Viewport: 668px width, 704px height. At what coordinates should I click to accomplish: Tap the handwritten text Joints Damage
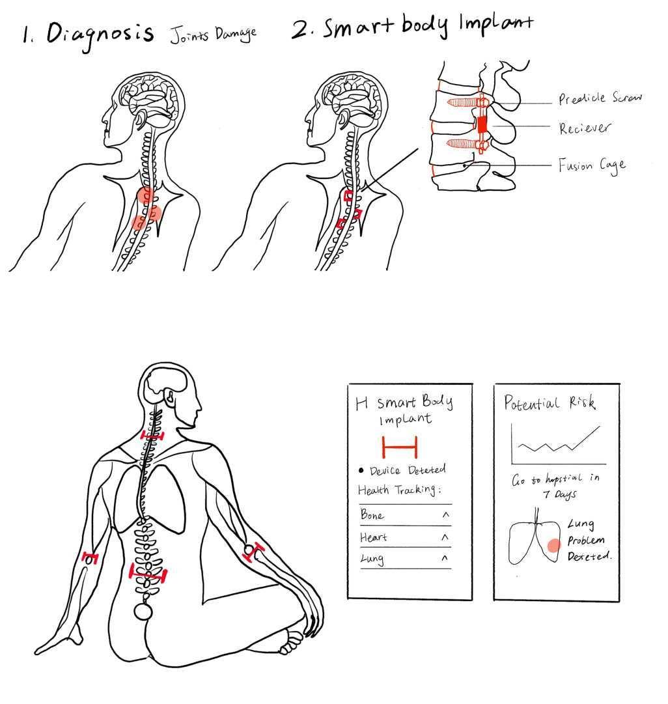click(x=213, y=34)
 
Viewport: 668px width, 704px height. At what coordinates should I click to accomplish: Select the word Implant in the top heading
click(x=496, y=24)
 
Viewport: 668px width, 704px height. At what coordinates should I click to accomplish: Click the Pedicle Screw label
click(x=600, y=98)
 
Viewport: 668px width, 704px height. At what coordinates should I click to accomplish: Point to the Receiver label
click(x=585, y=128)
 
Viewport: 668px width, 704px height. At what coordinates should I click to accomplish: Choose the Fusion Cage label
click(x=591, y=165)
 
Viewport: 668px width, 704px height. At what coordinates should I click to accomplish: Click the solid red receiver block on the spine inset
click(x=482, y=124)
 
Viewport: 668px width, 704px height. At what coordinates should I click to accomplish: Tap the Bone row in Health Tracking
click(x=404, y=515)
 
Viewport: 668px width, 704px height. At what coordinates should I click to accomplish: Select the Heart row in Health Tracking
click(x=404, y=537)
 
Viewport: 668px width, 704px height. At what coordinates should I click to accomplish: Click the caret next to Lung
click(x=445, y=558)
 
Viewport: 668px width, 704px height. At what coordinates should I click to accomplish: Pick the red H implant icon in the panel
click(x=399, y=447)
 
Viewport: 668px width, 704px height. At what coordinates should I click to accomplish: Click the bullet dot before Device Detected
click(x=361, y=470)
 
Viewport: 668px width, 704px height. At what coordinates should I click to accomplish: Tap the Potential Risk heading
click(x=550, y=403)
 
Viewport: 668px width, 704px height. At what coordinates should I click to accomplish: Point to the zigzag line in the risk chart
click(x=557, y=442)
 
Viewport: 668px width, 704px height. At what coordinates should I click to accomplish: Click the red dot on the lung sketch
click(x=553, y=546)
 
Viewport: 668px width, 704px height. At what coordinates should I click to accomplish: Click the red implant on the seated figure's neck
click(x=152, y=435)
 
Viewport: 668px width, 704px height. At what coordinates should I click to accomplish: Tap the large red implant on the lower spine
click(x=148, y=574)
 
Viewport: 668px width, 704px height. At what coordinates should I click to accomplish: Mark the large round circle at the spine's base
click(x=143, y=611)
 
